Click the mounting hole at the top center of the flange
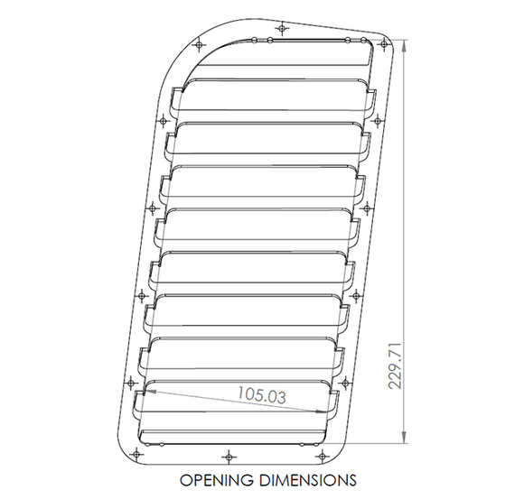pyautogui.click(x=283, y=28)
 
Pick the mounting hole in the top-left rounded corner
pyautogui.click(x=198, y=42)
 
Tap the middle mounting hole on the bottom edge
pyautogui.click(x=227, y=454)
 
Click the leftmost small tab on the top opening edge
pyautogui.click(x=256, y=39)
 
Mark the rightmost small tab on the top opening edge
pyautogui.click(x=365, y=41)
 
